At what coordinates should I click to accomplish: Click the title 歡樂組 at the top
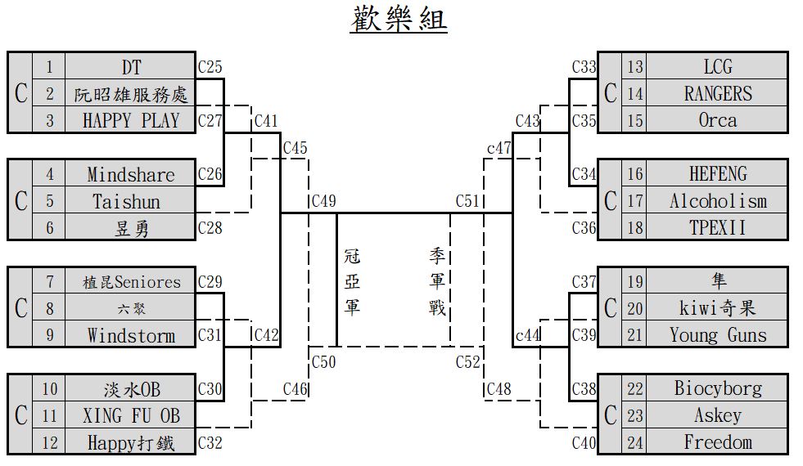399,20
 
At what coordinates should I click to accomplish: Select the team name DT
131,66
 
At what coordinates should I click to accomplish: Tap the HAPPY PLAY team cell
131,120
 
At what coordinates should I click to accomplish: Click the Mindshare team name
131,174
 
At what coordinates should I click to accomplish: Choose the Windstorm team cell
131,335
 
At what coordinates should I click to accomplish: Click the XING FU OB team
131,415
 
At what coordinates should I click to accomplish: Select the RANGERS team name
717,93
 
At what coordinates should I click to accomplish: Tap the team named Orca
717,120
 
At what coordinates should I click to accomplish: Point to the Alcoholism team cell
717,201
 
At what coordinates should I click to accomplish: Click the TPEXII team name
717,227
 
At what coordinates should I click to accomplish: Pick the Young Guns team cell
717,335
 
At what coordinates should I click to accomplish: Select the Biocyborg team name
717,388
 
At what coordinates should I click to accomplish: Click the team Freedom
717,442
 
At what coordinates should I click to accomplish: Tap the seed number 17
635,201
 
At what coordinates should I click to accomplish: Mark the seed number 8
49,308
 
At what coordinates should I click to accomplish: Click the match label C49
323,201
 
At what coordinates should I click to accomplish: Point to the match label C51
467,201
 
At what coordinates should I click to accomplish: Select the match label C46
295,389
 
